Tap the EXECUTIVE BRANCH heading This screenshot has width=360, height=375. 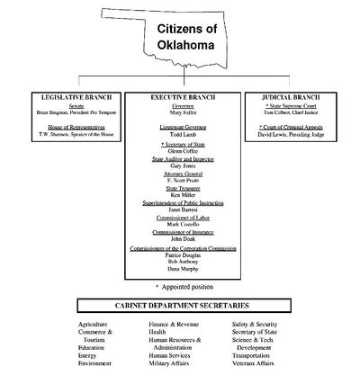pos(183,96)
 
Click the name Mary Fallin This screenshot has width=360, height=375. pos(183,113)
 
